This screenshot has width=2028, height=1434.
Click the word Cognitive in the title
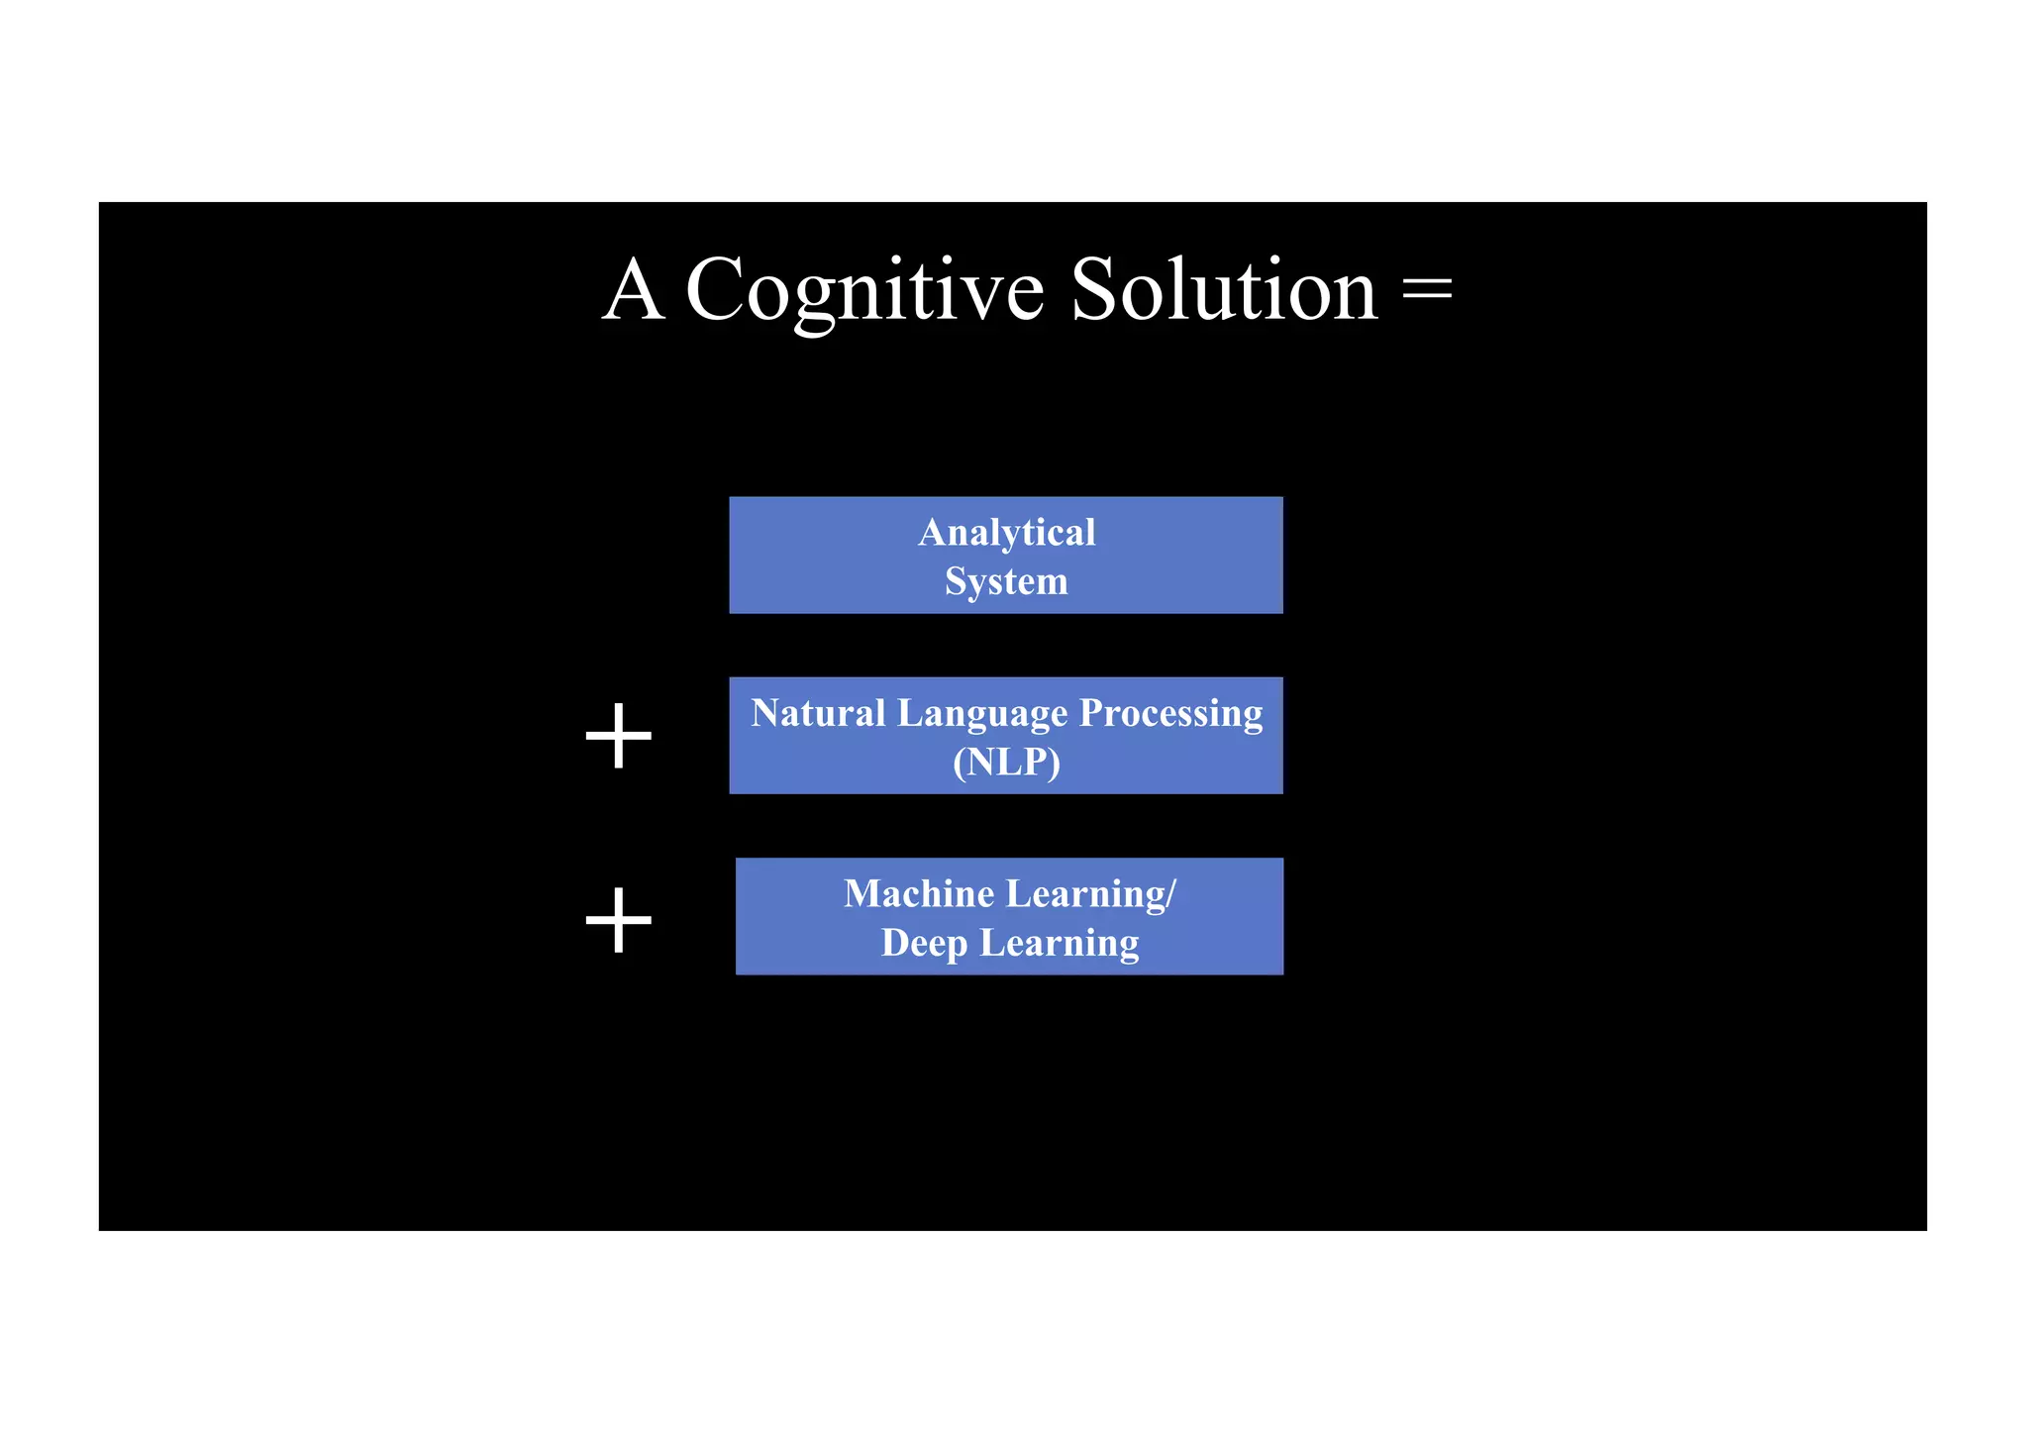[864, 290]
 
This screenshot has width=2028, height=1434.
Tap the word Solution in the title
[1224, 290]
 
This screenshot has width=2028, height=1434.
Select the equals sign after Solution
[1427, 290]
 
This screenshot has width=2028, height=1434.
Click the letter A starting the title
[633, 290]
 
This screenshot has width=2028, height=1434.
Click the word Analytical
[1006, 533]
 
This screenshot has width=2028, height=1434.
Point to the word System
[1006, 581]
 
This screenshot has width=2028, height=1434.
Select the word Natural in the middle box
[817, 713]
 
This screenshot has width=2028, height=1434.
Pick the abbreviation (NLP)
[1006, 763]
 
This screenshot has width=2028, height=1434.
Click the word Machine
[918, 894]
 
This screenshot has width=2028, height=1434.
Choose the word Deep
[923, 944]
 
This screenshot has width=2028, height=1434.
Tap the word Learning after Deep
[1059, 944]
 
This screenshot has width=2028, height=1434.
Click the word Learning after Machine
[1084, 895]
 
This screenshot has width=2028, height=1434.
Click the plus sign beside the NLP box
[619, 736]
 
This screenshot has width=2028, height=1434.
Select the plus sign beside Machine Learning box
[619, 920]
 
